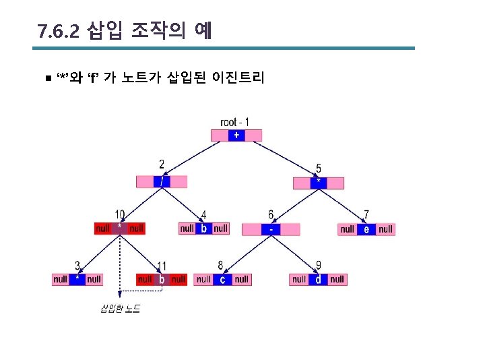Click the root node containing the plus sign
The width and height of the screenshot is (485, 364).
point(236,135)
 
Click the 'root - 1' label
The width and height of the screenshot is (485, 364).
point(234,122)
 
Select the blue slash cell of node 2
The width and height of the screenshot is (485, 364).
point(162,182)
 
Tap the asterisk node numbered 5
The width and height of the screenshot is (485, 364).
point(319,183)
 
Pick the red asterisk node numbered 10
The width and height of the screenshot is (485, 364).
point(119,229)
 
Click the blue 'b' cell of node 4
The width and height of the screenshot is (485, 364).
point(203,229)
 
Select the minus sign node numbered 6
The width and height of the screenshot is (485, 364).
point(270,229)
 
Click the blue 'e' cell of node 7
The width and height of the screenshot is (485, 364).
point(366,229)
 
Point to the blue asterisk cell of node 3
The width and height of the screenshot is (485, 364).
point(77,279)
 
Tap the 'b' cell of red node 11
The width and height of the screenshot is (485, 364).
point(161,279)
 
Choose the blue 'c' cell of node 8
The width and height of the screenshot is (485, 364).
point(222,279)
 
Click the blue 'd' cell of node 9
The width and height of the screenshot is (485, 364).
point(319,279)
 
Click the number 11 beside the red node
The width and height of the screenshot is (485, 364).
point(162,266)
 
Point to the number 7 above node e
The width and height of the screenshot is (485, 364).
point(366,214)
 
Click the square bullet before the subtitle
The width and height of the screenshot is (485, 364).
point(46,78)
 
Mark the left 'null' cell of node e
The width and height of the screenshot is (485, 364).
point(347,229)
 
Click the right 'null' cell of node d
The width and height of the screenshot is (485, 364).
point(337,279)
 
